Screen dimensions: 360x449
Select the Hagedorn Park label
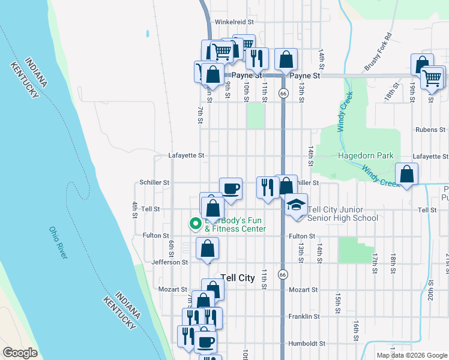(x=365, y=155)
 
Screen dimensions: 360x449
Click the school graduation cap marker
(x=296, y=205)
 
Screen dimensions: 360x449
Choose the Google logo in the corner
(x=20, y=353)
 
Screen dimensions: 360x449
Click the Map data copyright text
(x=412, y=355)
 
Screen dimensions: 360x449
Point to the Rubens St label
(x=430, y=130)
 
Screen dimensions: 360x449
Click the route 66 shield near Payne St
(x=282, y=93)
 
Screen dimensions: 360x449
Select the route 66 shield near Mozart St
(x=282, y=274)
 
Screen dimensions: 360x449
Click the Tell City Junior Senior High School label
(x=343, y=214)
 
